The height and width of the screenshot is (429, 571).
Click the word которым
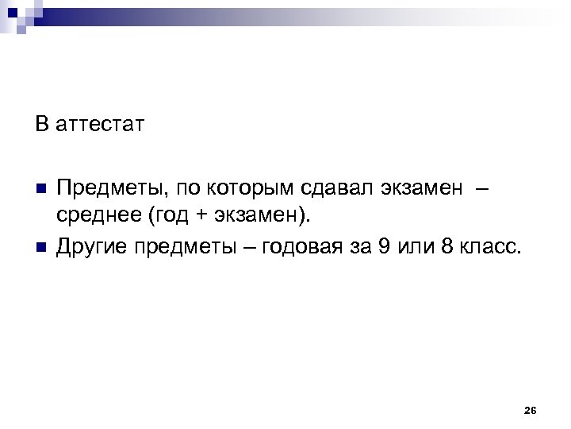point(251,187)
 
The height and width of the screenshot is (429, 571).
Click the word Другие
point(90,246)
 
